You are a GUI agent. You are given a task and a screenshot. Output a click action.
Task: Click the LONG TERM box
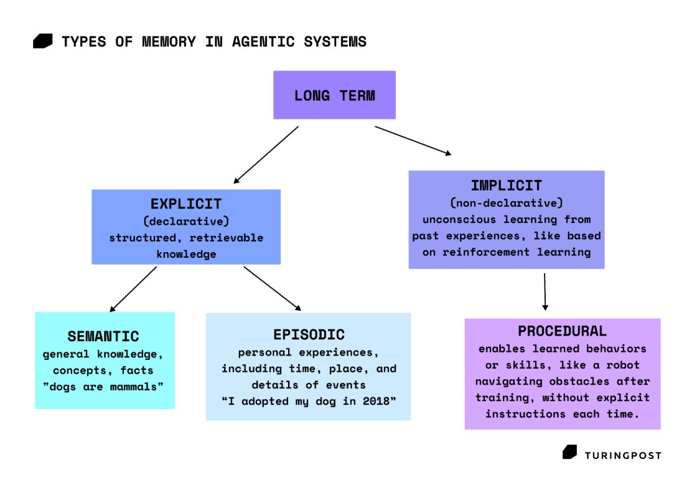[x=334, y=95]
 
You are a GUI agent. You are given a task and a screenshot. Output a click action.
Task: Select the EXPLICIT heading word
[x=186, y=204]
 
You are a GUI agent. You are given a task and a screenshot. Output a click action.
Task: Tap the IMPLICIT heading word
[x=506, y=185]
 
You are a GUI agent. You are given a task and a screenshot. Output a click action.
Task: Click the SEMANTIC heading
[x=103, y=336]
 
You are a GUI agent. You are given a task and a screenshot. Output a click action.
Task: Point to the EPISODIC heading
[x=308, y=334]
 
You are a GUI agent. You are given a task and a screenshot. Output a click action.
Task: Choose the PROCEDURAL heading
[x=562, y=331]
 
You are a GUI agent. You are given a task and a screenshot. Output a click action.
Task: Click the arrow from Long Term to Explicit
[x=266, y=155]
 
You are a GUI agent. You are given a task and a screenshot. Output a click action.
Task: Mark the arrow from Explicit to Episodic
[x=272, y=288]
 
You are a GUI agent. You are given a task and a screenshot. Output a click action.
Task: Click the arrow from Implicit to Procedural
[x=545, y=291]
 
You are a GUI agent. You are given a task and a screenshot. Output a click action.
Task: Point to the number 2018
[x=381, y=402]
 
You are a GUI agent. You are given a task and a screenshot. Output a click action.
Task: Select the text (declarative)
[x=186, y=220]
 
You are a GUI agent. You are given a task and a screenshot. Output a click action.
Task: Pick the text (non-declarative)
[x=506, y=202]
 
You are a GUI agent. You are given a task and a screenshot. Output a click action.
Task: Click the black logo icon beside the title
[x=43, y=42]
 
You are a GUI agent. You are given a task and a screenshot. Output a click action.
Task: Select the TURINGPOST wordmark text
[x=623, y=455]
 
